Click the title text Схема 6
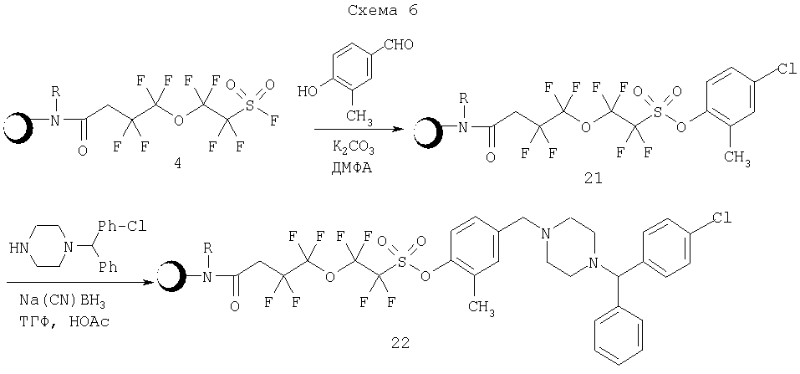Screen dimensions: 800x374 point(382,11)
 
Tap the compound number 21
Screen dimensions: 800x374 point(593,179)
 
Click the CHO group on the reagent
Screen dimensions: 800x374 point(400,45)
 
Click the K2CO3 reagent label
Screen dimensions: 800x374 point(353,150)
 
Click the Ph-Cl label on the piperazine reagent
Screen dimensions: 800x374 point(120,226)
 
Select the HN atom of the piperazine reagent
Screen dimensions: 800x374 point(18,248)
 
